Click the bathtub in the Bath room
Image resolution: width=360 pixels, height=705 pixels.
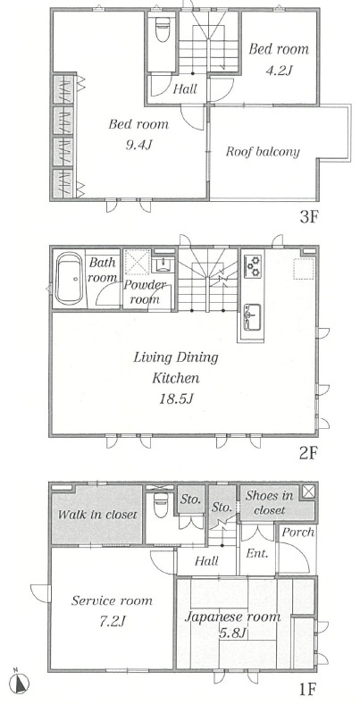pyautogui.click(x=69, y=279)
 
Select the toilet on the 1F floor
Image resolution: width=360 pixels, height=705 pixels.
pyautogui.click(x=161, y=507)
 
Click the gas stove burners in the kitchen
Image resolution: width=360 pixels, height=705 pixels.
pyautogui.click(x=253, y=265)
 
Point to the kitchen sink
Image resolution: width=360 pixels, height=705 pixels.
pyautogui.click(x=252, y=317)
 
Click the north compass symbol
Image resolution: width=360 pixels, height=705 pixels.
pyautogui.click(x=20, y=683)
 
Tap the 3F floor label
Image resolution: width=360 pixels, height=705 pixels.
pyautogui.click(x=309, y=218)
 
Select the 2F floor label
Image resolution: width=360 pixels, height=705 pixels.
pyautogui.click(x=309, y=453)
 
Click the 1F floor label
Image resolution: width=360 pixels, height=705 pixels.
pyautogui.click(x=309, y=688)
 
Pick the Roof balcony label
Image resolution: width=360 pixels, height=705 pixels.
pyautogui.click(x=263, y=152)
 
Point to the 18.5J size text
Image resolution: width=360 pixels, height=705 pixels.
pyautogui.click(x=176, y=399)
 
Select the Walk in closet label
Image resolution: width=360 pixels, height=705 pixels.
pyautogui.click(x=97, y=514)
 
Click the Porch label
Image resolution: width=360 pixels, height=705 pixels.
pyautogui.click(x=298, y=533)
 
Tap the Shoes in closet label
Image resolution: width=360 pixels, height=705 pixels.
pyautogui.click(x=269, y=503)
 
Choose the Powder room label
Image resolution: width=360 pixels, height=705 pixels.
pyautogui.click(x=145, y=292)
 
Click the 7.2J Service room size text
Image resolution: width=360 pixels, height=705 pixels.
pyautogui.click(x=111, y=622)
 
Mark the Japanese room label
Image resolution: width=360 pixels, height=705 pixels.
pyautogui.click(x=233, y=617)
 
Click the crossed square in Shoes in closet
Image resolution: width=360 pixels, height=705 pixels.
pyautogui.click(x=309, y=491)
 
